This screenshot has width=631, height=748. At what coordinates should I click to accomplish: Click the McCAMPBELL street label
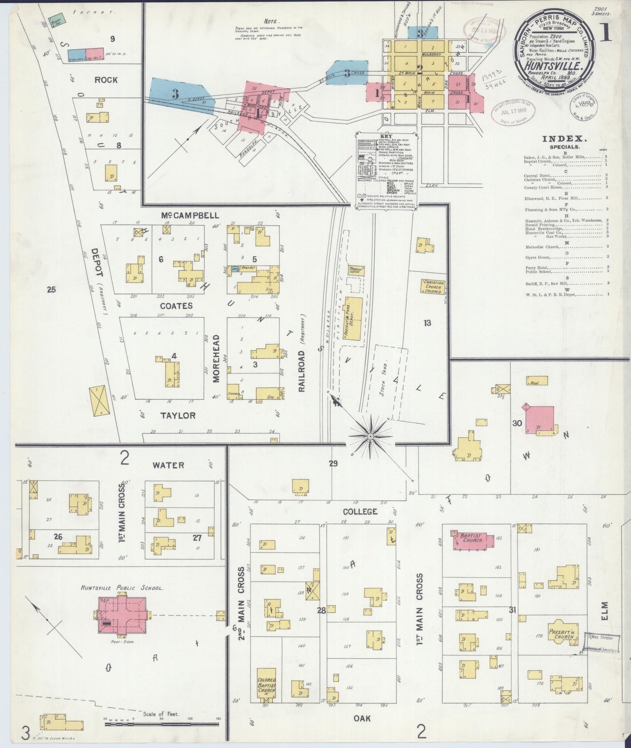pos(190,216)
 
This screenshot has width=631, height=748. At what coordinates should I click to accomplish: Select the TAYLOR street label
pos(178,415)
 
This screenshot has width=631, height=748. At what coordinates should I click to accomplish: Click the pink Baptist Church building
pos(474,540)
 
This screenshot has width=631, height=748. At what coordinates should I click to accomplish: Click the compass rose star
pos(370,436)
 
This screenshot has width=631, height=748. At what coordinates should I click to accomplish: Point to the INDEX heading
pos(563,139)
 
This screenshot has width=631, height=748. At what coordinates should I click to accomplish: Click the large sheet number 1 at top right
pos(607,34)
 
